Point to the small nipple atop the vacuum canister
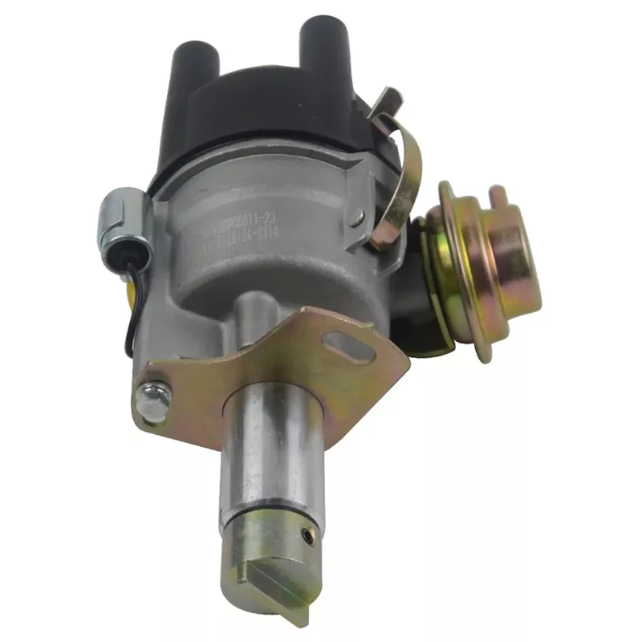(x=498, y=192)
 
